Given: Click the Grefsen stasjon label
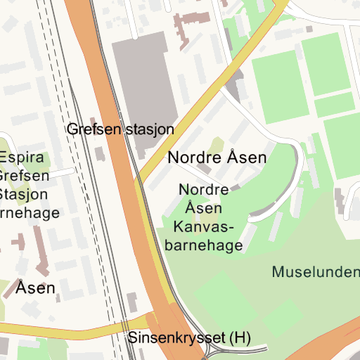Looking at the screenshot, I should pos(120,129).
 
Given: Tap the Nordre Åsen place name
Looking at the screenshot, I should pos(217,157).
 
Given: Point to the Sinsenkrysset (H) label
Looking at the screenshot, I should pos(189,338).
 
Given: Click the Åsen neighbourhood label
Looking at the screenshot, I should pos(36,288).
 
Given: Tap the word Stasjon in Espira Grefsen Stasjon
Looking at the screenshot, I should pos(24,194).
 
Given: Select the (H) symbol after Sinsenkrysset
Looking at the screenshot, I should pos(241,338).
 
